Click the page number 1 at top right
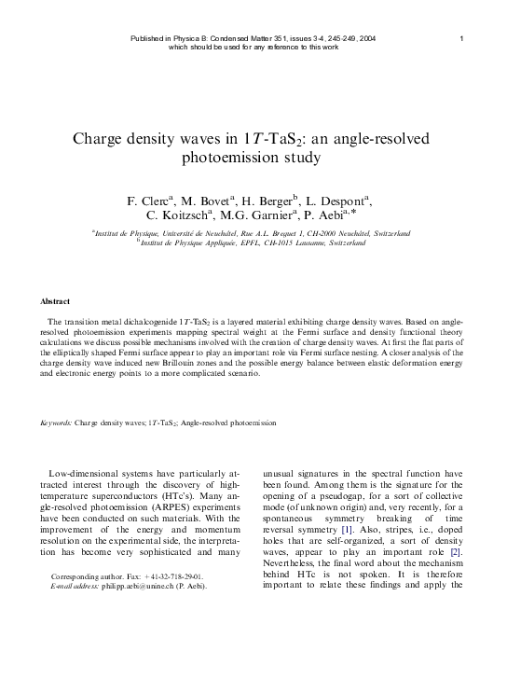point(462,38)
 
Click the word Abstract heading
point(58,302)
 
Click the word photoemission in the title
point(253,158)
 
